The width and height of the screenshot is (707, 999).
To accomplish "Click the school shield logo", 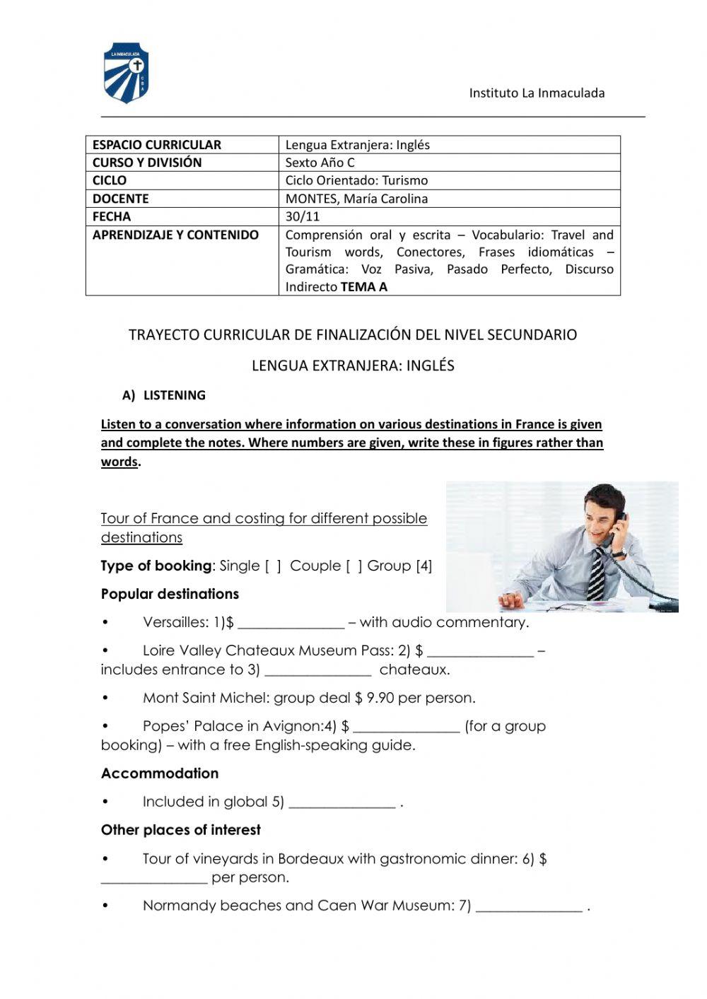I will tap(126, 73).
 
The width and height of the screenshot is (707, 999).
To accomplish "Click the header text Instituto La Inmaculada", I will tap(537, 93).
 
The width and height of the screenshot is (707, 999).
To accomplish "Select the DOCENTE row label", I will tap(121, 199).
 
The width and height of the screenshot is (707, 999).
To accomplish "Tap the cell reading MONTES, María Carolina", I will tap(356, 199).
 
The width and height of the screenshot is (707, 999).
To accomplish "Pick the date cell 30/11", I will tap(303, 216).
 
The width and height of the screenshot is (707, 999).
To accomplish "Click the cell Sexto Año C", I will tap(320, 163).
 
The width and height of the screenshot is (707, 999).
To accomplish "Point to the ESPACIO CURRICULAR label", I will tap(157, 145).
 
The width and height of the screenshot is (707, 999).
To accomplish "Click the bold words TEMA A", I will tap(363, 286).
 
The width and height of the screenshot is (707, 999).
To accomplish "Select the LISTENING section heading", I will tap(174, 395).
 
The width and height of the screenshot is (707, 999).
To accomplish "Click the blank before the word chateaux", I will tap(317, 672).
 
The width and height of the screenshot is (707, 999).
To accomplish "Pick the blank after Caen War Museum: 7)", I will tap(529, 908).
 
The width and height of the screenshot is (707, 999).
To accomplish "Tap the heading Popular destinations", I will tap(170, 594).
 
